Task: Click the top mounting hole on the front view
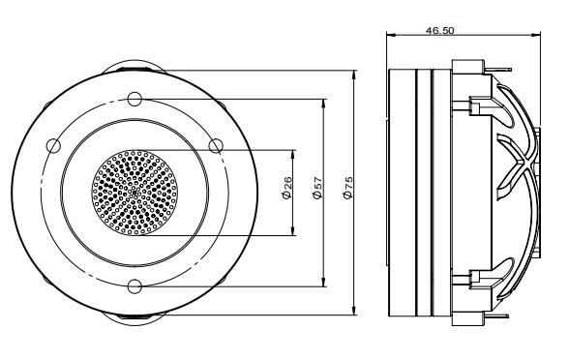click(x=134, y=98)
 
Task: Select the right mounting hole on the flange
click(x=216, y=145)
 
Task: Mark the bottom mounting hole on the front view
click(x=134, y=285)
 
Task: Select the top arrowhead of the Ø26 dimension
click(x=292, y=153)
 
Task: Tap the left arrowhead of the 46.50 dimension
click(x=389, y=37)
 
